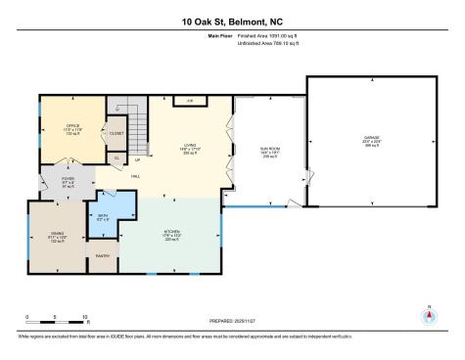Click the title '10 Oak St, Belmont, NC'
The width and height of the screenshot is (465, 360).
[232, 21]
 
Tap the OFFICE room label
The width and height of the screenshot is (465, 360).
[72, 127]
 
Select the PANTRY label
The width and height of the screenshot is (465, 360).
[101, 255]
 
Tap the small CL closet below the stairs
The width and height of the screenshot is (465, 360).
[116, 157]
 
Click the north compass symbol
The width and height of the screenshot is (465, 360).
[428, 316]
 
